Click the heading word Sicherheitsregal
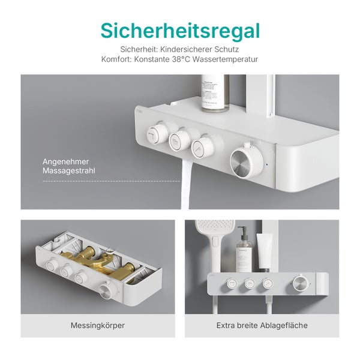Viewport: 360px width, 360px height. coord(180,31)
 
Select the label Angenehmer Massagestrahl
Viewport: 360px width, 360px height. coord(69,166)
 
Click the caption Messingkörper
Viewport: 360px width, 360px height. coord(98,325)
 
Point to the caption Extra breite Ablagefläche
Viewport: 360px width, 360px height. coord(262,325)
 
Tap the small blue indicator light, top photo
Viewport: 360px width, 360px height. coord(268,164)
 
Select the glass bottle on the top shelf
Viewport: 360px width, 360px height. coord(215,93)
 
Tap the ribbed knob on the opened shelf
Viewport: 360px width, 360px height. coord(107,291)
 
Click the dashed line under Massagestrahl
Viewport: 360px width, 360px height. coord(111,181)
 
